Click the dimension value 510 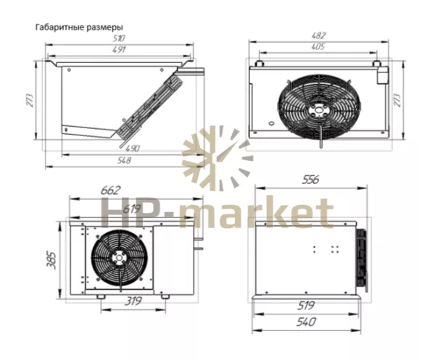[x=119, y=38]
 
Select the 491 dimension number [x=119, y=49]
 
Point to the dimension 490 [x=133, y=148]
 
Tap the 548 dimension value [x=123, y=160]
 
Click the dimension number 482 [x=318, y=35]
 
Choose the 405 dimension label [x=318, y=46]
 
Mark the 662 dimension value [x=111, y=191]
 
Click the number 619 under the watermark [x=132, y=209]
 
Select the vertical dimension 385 [x=51, y=261]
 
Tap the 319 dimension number [x=133, y=301]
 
